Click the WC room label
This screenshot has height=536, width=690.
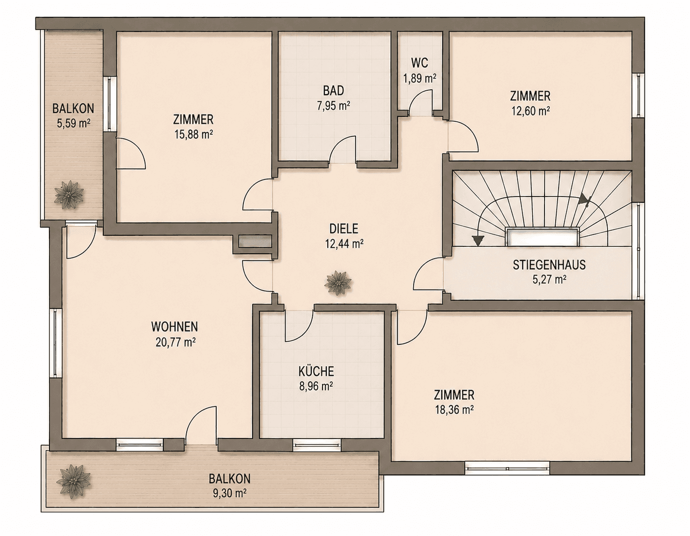[419, 63]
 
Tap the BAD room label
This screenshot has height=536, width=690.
[334, 91]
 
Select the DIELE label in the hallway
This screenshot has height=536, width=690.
[344, 228]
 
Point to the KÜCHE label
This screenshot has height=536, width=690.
[316, 371]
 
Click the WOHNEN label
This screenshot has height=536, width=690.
[175, 326]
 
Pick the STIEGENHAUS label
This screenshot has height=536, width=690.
[549, 265]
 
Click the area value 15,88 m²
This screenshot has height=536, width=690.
[193, 135]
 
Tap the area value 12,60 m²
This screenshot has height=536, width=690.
[530, 111]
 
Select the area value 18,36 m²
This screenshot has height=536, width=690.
[454, 410]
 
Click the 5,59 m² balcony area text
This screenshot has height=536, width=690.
[73, 123]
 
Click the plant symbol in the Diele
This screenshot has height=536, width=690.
[338, 283]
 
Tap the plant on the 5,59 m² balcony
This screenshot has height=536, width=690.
[69, 195]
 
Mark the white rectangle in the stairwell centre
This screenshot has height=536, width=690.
[543, 237]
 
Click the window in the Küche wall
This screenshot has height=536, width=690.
[317, 444]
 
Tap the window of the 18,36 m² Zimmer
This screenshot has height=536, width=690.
[507, 469]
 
